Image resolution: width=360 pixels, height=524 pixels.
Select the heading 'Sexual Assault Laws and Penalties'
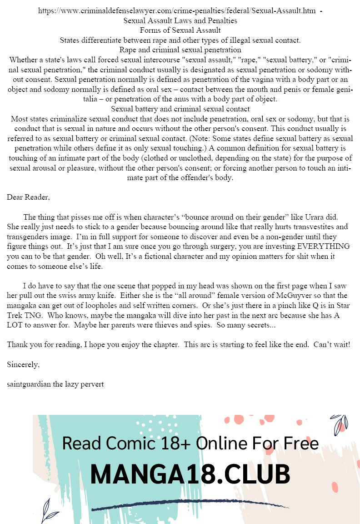tap(180, 20)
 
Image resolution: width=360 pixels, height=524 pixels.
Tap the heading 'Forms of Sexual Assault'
tap(180, 30)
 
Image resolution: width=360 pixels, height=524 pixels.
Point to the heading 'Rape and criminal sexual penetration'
tap(180, 50)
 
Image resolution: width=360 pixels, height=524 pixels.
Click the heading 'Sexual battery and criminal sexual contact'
tap(180, 109)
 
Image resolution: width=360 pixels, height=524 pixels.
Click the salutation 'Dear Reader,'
tap(28, 197)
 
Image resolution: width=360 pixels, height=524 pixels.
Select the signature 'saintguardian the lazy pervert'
tap(55, 384)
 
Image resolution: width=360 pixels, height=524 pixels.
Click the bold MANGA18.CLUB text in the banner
tap(190, 474)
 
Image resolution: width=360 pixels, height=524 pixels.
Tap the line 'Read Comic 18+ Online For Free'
tap(190, 443)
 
